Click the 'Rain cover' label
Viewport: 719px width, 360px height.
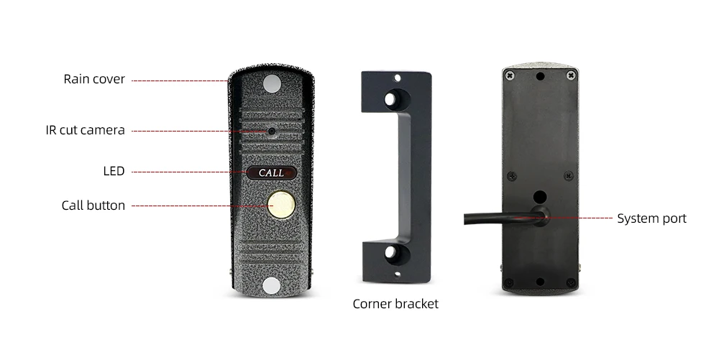94,79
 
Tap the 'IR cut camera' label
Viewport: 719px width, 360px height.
85,130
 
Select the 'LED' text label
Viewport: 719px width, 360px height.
114,171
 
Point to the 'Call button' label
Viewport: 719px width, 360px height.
93,206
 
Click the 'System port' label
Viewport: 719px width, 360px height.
651,218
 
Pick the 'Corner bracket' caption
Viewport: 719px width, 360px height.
395,304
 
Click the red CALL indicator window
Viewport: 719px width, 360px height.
271,173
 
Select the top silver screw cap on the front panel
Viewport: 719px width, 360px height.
271,84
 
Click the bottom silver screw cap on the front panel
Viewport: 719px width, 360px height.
271,285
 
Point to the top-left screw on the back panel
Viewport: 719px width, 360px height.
510,75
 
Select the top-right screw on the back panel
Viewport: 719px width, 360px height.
570,75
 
